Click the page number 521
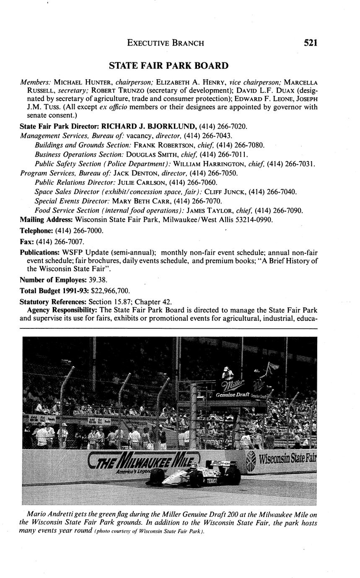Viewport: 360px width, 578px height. pyautogui.click(x=311, y=43)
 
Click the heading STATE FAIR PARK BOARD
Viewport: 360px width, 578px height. pyautogui.click(x=168, y=66)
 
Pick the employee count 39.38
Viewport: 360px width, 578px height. pyautogui.click(x=95, y=280)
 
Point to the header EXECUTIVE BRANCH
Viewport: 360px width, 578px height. pyautogui.click(x=166, y=43)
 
